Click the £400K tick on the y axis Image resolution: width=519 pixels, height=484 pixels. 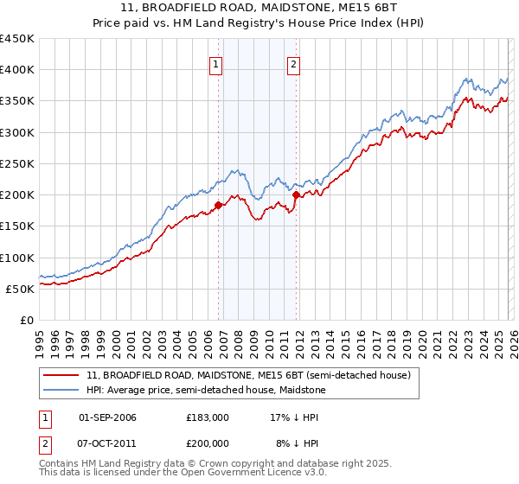pos(17,70)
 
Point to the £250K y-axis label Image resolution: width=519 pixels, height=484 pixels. pos(17,163)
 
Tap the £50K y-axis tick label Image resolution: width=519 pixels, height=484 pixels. pos(21,289)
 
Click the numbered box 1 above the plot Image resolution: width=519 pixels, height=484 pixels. pos(215,63)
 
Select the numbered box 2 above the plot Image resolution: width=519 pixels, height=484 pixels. pos(293,63)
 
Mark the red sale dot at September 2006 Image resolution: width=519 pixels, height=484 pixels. pos(218,206)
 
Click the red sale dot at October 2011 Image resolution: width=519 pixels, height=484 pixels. pos(296,195)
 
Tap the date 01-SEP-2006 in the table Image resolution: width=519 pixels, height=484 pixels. pos(107,417)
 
